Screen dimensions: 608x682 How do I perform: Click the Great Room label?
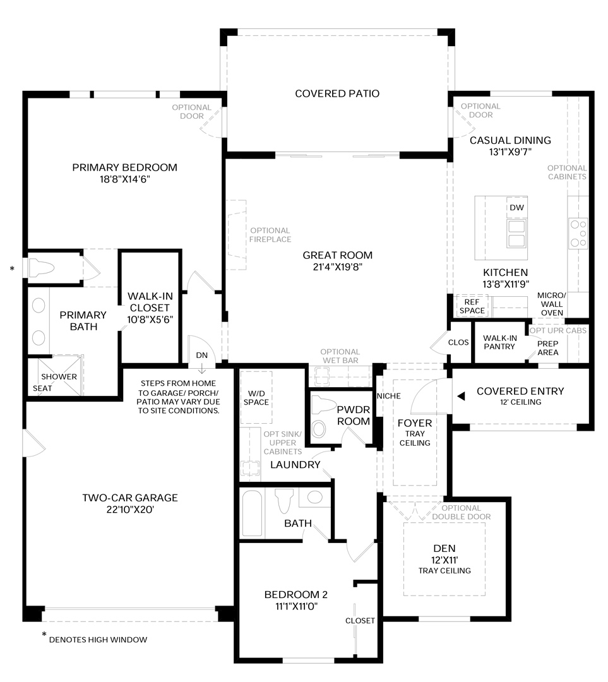(x=338, y=255)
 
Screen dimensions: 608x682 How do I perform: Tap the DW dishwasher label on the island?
(x=516, y=208)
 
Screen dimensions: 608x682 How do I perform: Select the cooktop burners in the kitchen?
(x=578, y=234)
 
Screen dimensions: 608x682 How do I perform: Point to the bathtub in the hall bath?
(x=253, y=513)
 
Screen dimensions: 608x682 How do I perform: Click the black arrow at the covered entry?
(x=461, y=396)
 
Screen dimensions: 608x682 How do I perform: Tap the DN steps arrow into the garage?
(x=202, y=368)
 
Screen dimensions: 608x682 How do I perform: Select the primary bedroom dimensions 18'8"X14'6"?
(x=125, y=179)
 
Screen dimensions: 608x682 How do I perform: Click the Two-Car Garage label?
(x=130, y=498)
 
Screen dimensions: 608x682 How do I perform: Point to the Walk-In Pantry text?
(x=499, y=342)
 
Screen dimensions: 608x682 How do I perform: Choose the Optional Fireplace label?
(x=270, y=235)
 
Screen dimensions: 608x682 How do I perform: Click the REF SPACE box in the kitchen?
(x=472, y=306)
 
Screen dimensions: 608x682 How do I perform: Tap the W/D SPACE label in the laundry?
(x=256, y=398)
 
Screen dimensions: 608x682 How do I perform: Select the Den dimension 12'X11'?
(x=444, y=560)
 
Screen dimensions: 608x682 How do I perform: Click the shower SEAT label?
(x=42, y=388)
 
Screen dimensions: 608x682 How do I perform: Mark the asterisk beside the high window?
(x=12, y=269)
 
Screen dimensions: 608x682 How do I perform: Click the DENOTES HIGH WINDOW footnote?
(x=98, y=640)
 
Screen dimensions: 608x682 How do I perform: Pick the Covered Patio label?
(x=337, y=93)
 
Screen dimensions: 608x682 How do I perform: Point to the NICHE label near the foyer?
(x=389, y=396)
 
